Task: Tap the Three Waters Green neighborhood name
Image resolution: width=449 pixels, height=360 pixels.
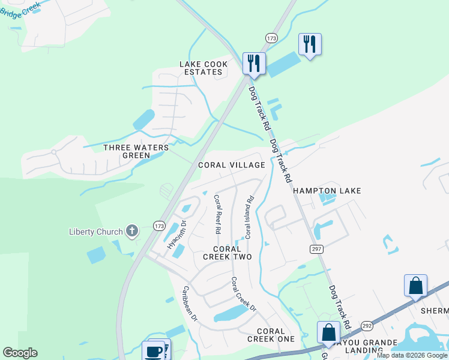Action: tap(134, 151)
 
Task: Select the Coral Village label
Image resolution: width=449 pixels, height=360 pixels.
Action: tap(231, 165)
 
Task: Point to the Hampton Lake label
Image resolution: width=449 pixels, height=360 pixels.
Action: tap(327, 191)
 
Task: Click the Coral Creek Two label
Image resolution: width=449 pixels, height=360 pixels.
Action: tap(227, 253)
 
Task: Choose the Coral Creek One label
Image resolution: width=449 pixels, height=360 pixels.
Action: tap(271, 335)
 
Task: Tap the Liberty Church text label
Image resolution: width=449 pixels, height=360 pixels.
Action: tap(95, 232)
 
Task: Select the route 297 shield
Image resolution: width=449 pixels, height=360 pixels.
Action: tap(316, 248)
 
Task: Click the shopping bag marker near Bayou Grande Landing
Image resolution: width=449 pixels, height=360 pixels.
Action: tap(328, 332)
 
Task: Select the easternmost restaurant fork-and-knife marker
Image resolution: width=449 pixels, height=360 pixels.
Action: tap(310, 44)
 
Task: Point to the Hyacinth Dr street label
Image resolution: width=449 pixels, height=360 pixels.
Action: tap(176, 235)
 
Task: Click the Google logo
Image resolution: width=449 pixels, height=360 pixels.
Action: tap(20, 353)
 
